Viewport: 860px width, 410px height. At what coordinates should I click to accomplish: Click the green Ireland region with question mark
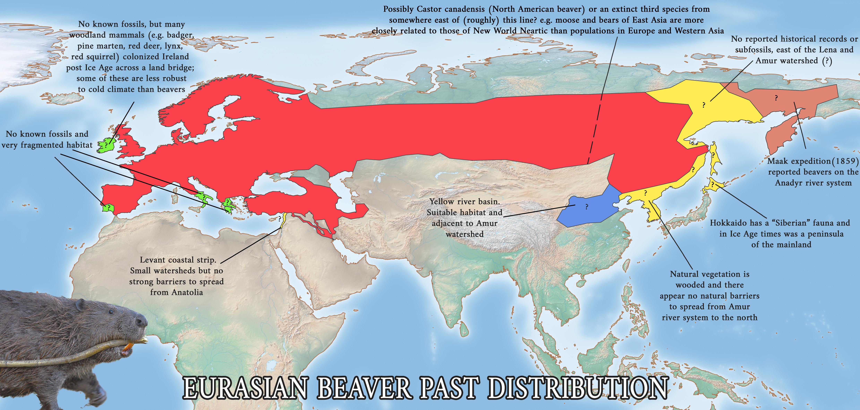pos(106,145)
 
